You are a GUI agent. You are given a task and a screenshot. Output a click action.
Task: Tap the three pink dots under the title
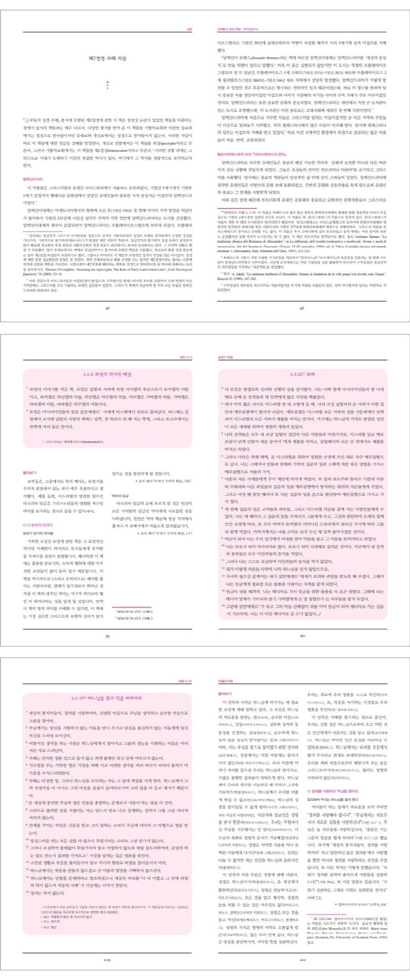pos(107,85)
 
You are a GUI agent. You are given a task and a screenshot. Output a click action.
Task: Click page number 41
pos(107,307)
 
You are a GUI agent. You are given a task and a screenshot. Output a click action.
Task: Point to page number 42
pos(302,307)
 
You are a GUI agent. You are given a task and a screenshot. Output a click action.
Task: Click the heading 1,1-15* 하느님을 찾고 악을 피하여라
pos(107,697)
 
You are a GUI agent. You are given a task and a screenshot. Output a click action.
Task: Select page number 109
pos(107,959)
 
